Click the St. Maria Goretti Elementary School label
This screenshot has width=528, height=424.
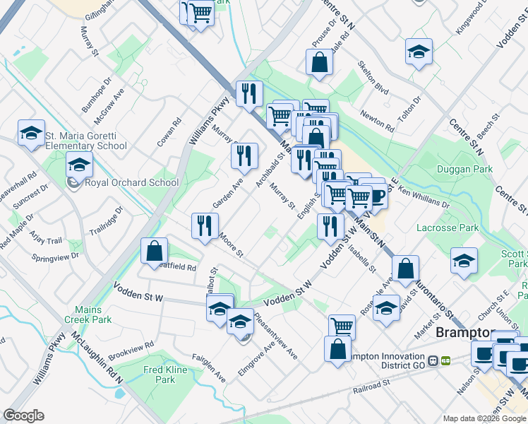[85, 141]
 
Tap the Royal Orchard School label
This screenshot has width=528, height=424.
[131, 182]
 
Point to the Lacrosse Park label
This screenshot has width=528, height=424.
[448, 228]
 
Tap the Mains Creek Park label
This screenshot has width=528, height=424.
[95, 314]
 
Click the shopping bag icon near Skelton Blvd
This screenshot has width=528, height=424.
[319, 62]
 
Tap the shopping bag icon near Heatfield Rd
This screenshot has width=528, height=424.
[154, 252]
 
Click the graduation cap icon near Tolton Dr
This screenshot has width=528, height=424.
[419, 52]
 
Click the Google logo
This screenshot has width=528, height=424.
[23, 416]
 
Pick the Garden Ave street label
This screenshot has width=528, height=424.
[228, 192]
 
